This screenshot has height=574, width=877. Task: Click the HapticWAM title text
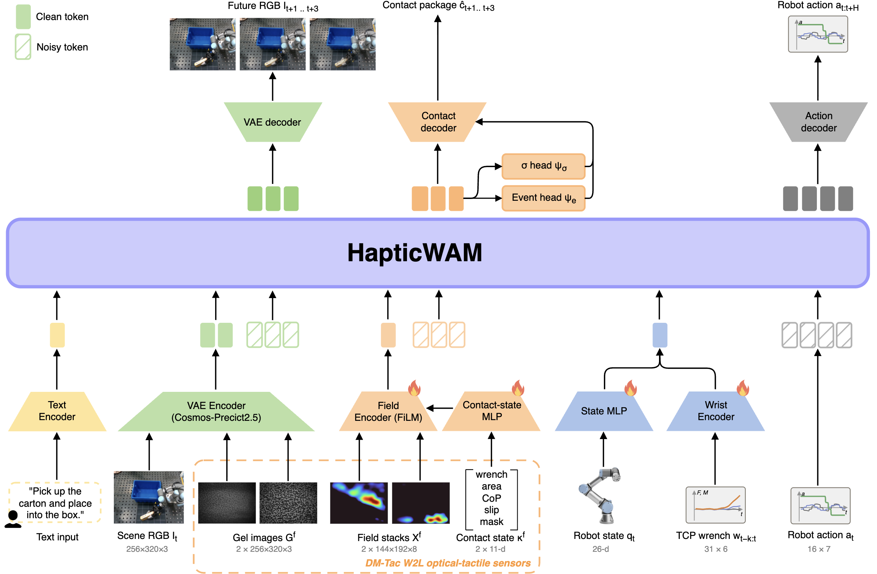tap(415, 253)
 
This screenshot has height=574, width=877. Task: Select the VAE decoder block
tap(273, 122)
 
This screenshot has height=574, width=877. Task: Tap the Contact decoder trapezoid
tap(437, 122)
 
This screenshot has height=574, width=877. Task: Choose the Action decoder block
tap(818, 122)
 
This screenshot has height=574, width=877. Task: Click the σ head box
tap(543, 166)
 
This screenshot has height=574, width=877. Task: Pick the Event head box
tap(543, 198)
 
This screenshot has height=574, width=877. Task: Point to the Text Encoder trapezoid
tap(57, 411)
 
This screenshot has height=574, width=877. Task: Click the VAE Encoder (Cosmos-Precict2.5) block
tap(216, 411)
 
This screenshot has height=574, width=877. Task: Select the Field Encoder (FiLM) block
tap(388, 411)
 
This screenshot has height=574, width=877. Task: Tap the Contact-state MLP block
tap(491, 411)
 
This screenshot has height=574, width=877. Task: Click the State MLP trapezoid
tap(604, 411)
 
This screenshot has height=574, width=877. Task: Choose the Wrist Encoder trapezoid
tap(716, 411)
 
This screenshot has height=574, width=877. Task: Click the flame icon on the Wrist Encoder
tap(742, 388)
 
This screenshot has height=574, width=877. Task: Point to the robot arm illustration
tap(600, 496)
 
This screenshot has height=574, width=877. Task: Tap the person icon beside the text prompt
tap(13, 519)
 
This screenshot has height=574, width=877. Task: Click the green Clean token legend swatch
tap(23, 16)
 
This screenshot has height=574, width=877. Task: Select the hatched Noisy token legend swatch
tap(23, 47)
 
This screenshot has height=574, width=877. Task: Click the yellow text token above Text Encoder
tap(57, 335)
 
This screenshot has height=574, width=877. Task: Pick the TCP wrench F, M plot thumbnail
tap(715, 505)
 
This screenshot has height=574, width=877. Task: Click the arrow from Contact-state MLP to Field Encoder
tap(440, 408)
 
